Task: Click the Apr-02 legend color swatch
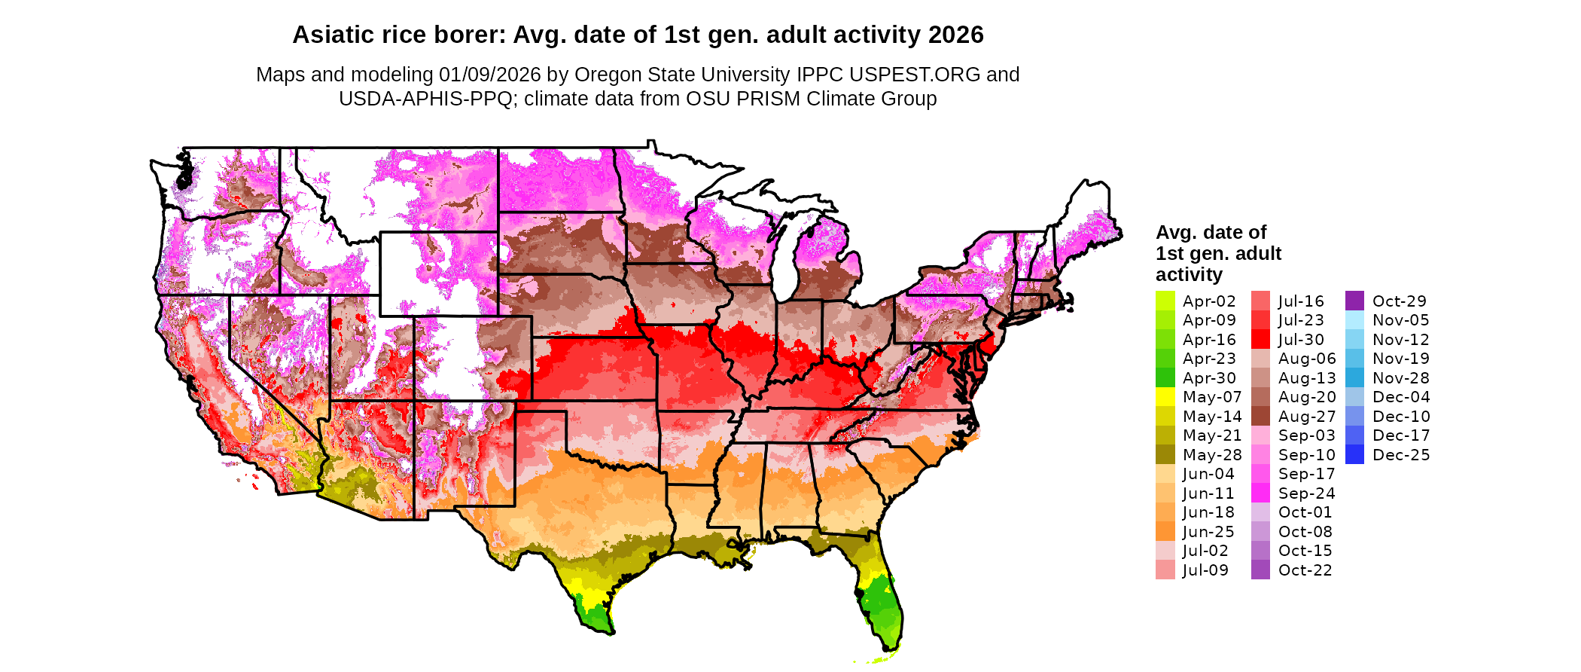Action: point(1165,301)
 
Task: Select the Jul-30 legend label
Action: point(1300,340)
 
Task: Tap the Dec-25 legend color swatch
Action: point(1354,454)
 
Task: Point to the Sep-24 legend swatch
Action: point(1260,493)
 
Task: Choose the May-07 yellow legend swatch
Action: point(1165,397)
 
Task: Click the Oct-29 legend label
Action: point(1399,301)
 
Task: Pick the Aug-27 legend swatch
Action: point(1260,417)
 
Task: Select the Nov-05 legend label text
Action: point(1400,320)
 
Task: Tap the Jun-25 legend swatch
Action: point(1165,532)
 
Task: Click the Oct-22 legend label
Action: point(1305,570)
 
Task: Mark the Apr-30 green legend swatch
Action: point(1165,378)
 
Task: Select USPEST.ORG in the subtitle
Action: point(915,75)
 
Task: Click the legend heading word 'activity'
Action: point(1189,274)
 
